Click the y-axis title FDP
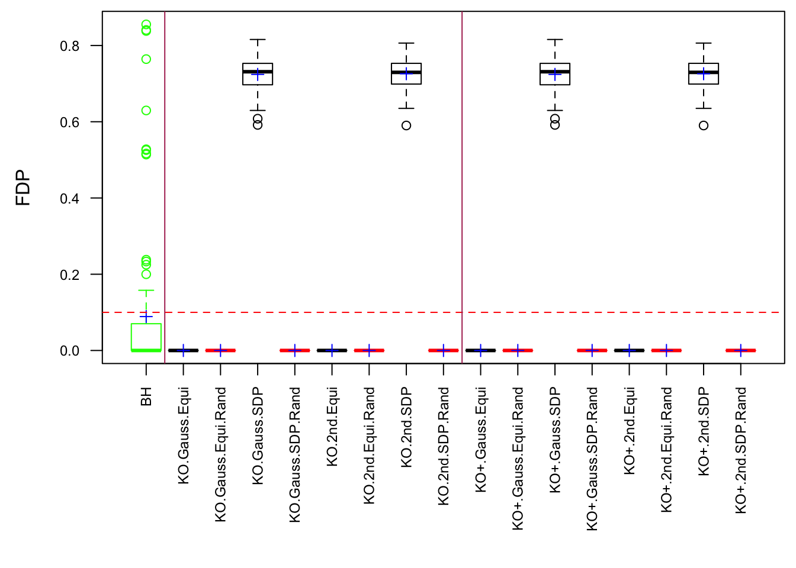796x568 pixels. click(23, 188)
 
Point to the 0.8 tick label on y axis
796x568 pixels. click(69, 46)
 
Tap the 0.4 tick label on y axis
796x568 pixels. click(69, 199)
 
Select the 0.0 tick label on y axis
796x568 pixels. click(69, 351)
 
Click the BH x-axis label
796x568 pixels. click(146, 396)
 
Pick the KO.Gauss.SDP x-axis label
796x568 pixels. click(258, 436)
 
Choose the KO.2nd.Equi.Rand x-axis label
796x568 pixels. click(369, 446)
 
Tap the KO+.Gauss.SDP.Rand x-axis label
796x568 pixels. click(592, 459)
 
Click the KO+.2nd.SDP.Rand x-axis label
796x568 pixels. click(740, 450)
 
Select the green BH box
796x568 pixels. click(146, 337)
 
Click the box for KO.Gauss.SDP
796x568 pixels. click(258, 75)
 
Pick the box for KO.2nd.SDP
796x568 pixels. click(406, 74)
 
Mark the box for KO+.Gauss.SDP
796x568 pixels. click(555, 75)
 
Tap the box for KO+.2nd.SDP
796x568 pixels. click(704, 74)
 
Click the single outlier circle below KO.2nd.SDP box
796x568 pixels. click(406, 125)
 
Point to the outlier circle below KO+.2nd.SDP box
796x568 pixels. click(704, 125)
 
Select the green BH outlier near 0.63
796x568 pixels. click(146, 111)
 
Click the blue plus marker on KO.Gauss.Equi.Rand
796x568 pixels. click(221, 350)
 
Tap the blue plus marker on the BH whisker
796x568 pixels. click(146, 317)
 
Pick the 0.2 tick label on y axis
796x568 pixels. click(69, 275)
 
